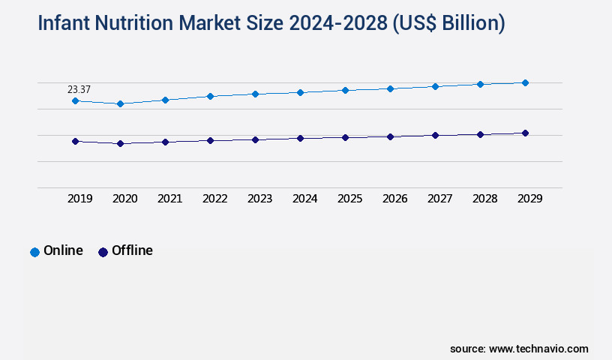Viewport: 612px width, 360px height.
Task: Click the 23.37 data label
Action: [79, 90]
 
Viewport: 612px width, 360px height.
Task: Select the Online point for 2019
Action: [75, 100]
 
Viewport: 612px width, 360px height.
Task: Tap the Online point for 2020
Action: [120, 103]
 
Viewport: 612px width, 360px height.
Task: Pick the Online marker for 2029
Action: [525, 82]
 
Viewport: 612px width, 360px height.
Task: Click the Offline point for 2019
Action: [75, 141]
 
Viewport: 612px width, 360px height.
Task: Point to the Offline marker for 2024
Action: [300, 138]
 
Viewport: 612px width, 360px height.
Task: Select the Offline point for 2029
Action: [525, 133]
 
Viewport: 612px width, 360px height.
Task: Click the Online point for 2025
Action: [345, 90]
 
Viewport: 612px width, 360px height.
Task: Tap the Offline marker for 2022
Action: [210, 140]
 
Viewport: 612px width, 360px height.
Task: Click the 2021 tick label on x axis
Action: [170, 199]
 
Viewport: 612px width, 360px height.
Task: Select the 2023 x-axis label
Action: [260, 199]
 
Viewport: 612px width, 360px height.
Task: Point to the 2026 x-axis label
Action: [395, 199]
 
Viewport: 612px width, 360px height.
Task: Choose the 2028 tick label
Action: [485, 199]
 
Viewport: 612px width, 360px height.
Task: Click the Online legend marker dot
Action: [34, 252]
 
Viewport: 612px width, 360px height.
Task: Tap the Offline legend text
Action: [132, 251]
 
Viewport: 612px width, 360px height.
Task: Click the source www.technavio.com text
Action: [519, 349]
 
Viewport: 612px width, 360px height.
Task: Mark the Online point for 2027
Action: [435, 86]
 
